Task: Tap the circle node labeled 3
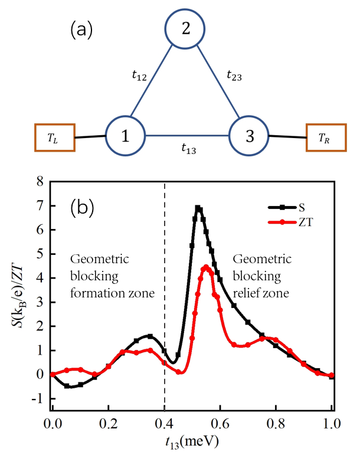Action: [x=248, y=136]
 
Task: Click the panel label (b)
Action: [x=81, y=208]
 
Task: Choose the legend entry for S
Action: [x=295, y=208]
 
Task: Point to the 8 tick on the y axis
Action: [x=40, y=182]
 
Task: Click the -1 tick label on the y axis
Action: [x=38, y=399]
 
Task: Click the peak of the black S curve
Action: [x=198, y=208]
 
